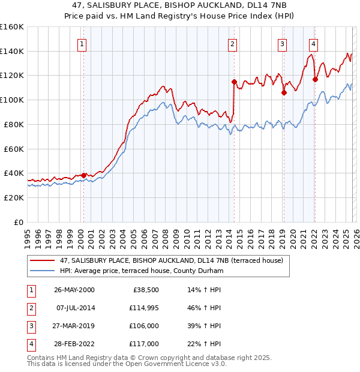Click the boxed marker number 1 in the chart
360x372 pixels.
(x=82, y=43)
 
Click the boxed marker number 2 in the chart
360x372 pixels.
(x=232, y=43)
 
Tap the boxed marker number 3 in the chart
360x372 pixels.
(x=282, y=43)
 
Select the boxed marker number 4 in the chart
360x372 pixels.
(x=313, y=43)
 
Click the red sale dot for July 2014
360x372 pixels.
(x=234, y=82)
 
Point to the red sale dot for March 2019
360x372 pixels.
(x=284, y=92)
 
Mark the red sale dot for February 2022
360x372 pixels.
(x=315, y=79)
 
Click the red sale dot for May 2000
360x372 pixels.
(x=83, y=175)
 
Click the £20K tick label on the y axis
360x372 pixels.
(x=13, y=197)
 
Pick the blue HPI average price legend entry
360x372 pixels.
(x=141, y=271)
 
